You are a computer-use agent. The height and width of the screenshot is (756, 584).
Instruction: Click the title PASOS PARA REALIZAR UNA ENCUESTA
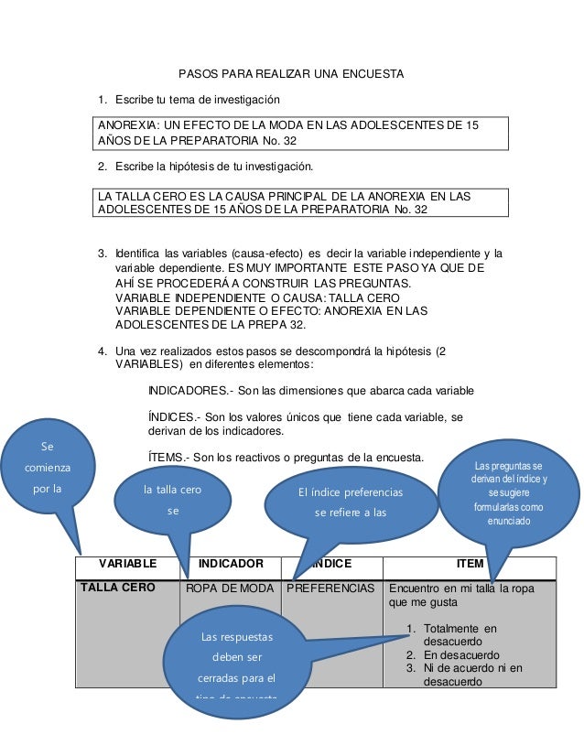pos(290,73)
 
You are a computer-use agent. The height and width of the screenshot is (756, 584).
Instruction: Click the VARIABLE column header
pos(127,565)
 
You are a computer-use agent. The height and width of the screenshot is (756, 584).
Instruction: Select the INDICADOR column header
pos(232,565)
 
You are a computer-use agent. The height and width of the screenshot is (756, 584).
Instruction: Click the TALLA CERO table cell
pos(117,588)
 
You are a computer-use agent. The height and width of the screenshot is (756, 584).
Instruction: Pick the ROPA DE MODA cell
pos(231,589)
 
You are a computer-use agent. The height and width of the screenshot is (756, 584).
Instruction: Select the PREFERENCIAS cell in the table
pos(330,589)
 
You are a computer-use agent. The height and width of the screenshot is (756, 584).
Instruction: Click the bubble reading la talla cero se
pos(173,499)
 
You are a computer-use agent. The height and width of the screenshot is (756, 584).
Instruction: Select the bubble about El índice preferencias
pos(350,502)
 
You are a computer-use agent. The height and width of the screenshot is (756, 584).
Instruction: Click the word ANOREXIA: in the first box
pos(129,124)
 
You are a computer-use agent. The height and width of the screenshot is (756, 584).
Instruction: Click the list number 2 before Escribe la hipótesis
pos(103,167)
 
